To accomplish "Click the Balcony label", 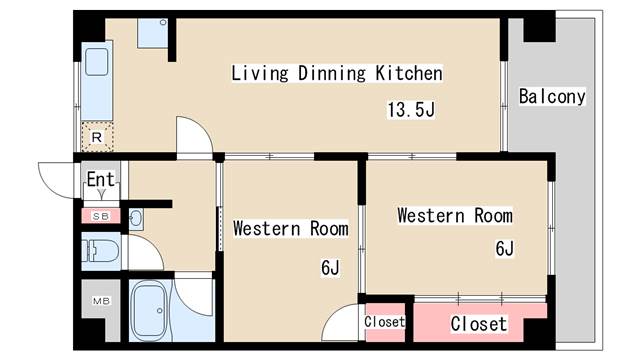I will tap(552, 97).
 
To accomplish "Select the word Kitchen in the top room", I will tap(409, 73).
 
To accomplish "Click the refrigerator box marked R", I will tap(97, 136).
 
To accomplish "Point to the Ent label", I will tap(100, 181).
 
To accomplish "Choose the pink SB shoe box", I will tap(101, 215).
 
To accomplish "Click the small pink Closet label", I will tap(384, 322).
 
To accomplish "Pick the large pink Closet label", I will tap(478, 324).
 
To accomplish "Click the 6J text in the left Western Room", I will tap(330, 267).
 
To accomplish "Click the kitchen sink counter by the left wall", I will tap(100, 80).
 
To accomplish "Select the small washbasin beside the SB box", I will tap(137, 217).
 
